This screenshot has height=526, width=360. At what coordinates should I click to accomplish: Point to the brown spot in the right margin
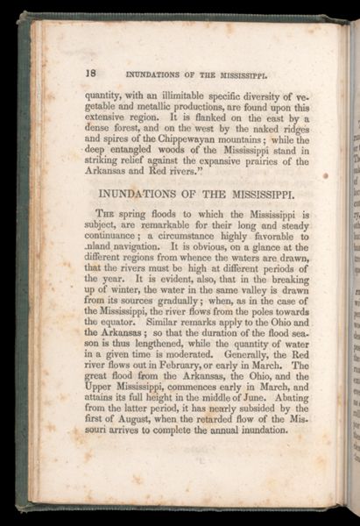click(x=325, y=175)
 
